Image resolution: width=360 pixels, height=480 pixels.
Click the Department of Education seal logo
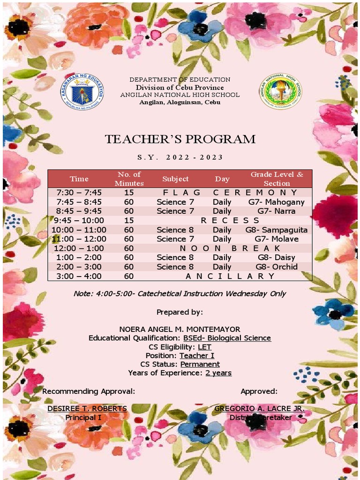(82, 91)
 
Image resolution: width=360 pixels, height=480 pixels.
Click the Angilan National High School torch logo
(280, 91)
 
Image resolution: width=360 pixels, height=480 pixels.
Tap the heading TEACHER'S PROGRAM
(180, 139)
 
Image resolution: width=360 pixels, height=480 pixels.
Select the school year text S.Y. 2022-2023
(180, 157)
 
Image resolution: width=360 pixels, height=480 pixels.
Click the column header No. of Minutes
(129, 179)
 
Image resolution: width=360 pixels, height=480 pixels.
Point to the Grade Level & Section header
(277, 179)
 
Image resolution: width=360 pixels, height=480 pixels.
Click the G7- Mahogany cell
(276, 202)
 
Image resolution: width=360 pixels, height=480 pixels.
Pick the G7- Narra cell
(276, 211)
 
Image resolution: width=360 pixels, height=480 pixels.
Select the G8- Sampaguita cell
(276, 230)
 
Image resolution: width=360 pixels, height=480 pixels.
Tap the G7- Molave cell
(276, 239)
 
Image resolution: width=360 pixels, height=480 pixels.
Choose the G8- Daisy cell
(276, 257)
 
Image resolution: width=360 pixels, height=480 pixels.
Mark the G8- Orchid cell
(276, 267)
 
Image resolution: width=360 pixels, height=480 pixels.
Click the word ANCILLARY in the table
(230, 276)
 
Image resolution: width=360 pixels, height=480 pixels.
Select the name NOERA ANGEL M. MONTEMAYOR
(180, 330)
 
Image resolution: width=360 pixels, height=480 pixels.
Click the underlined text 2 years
(218, 373)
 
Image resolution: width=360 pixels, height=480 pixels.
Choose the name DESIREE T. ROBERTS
(87, 409)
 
